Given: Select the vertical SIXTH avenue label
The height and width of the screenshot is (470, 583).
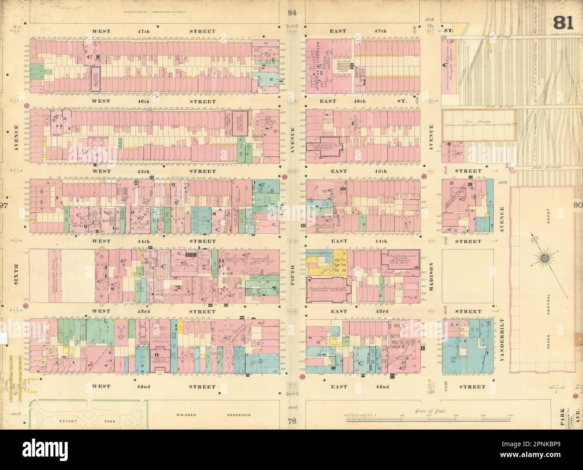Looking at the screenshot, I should tap(15, 278).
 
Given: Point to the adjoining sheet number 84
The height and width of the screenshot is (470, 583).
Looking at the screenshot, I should tap(292, 13).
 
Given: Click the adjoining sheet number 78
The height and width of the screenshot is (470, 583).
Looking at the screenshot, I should tap(292, 421).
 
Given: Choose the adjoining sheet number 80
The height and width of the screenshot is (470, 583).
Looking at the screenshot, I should tap(577, 205).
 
